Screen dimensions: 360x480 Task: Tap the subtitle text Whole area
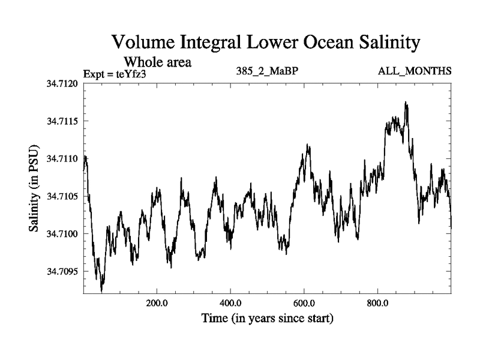click(157, 62)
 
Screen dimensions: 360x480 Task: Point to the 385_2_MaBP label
click(268, 71)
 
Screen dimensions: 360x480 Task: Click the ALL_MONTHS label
click(414, 71)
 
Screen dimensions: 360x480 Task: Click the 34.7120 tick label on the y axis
click(62, 84)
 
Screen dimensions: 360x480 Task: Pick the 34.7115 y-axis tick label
click(62, 121)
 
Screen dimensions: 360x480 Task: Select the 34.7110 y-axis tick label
click(62, 159)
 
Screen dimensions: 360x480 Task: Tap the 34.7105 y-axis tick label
click(62, 196)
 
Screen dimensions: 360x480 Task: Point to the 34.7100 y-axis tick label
click(62, 233)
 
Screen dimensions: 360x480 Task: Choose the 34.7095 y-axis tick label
click(62, 271)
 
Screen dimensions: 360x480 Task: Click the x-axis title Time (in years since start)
click(267, 318)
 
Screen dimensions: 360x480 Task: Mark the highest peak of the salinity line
click(406, 103)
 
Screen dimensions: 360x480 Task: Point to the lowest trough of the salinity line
click(101, 291)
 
